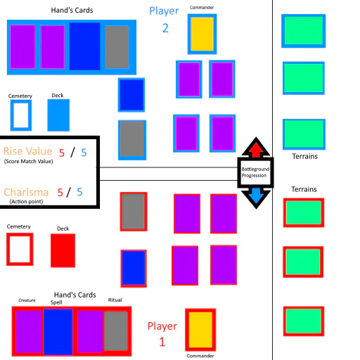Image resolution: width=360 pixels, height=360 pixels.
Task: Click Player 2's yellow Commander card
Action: [202, 34]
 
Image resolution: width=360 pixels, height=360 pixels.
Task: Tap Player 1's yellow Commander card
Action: [200, 330]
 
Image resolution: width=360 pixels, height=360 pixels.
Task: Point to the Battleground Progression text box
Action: [255, 172]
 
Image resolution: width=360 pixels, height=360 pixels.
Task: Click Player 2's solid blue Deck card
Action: [58, 115]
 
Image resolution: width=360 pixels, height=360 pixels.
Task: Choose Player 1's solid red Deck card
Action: [63, 250]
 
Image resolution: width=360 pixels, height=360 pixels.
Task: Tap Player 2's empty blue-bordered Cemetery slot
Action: [21, 115]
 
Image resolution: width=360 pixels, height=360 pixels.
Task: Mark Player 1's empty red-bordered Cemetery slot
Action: [20, 249]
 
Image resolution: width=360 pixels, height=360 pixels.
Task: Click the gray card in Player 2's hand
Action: [117, 47]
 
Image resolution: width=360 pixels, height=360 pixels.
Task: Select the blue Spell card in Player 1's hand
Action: [58, 332]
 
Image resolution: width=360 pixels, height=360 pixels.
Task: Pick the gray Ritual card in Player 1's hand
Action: [116, 330]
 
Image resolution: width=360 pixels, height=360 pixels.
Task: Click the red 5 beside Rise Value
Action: [62, 153]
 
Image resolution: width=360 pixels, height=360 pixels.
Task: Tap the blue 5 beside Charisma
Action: [79, 192]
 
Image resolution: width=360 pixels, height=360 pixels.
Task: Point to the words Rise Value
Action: [27, 151]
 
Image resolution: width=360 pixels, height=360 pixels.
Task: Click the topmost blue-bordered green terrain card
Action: [304, 31]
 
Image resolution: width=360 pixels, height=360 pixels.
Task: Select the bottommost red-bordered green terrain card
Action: [304, 321]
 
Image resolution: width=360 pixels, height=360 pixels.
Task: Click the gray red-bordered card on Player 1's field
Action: [134, 212]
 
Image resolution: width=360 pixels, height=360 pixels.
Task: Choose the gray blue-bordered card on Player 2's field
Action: [132, 140]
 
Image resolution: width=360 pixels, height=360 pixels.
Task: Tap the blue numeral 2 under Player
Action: [165, 28]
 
